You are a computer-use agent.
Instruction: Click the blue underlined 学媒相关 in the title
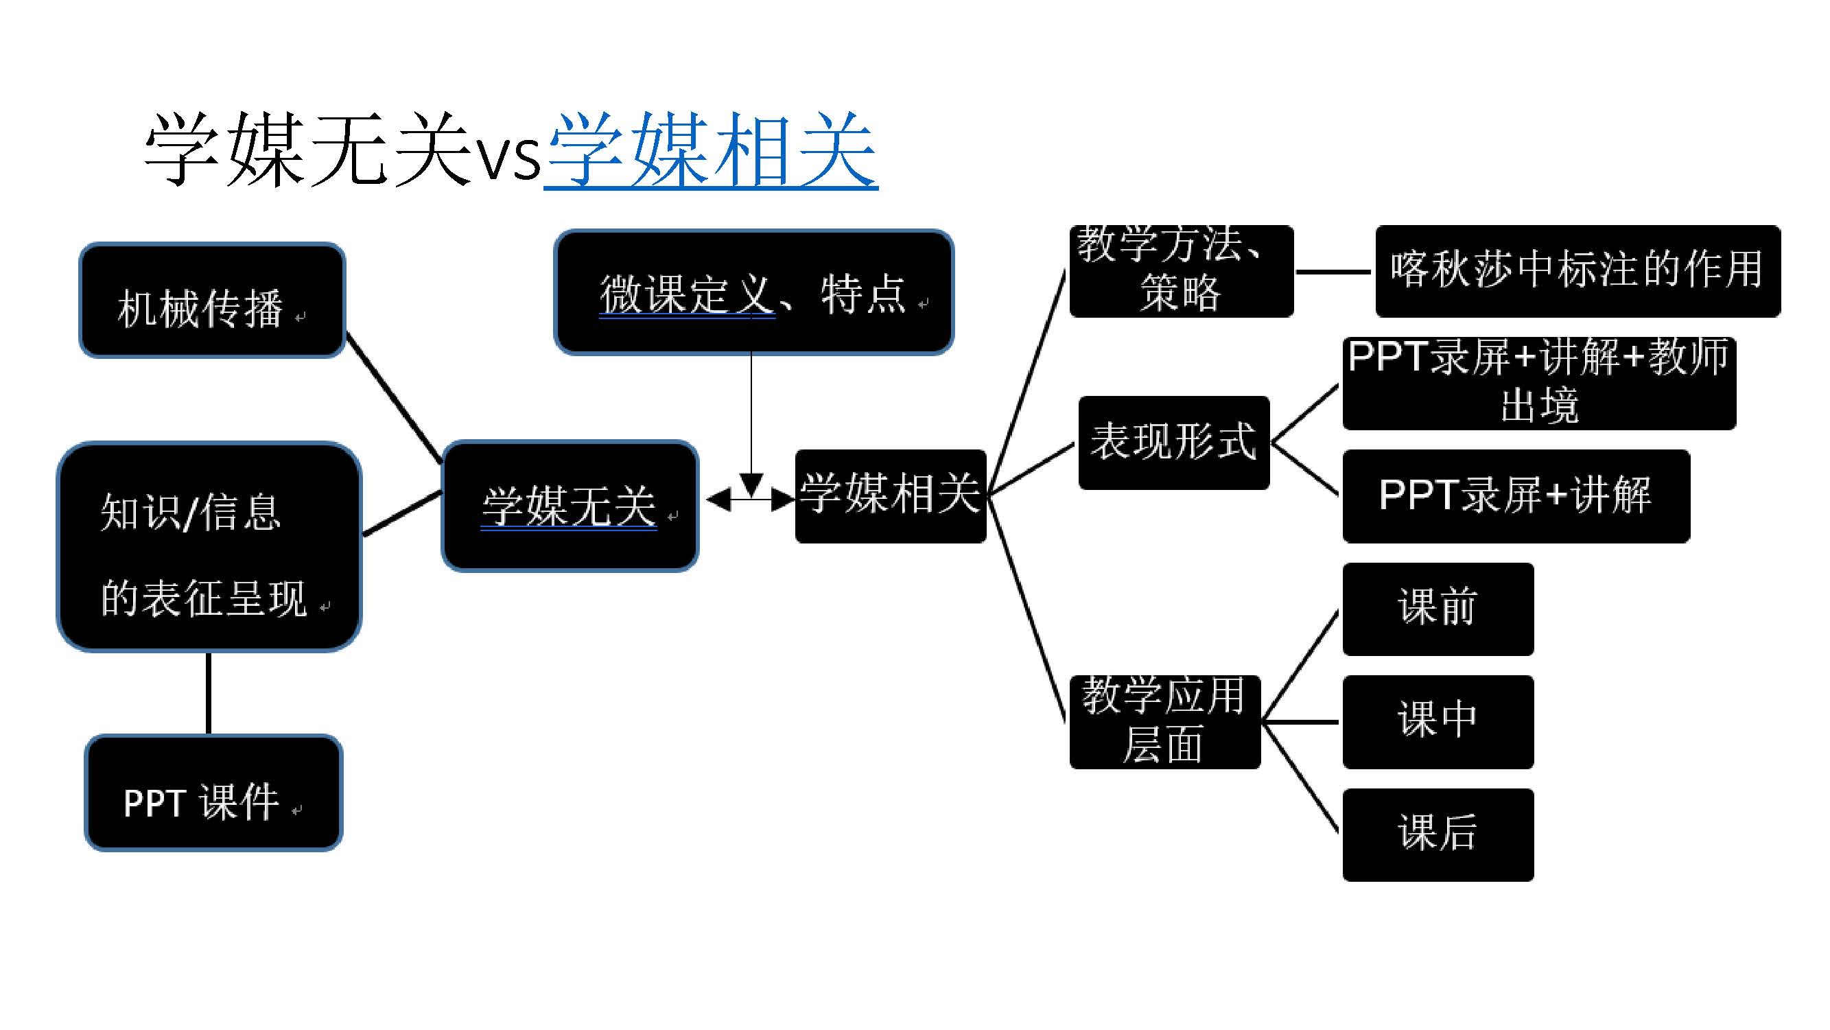(710, 150)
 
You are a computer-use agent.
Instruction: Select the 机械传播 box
(212, 301)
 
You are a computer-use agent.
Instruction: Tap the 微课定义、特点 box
(753, 292)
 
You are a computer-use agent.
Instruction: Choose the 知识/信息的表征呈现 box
(209, 547)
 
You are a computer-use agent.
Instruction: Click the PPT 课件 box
(213, 793)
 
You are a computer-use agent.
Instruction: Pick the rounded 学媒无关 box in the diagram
(570, 506)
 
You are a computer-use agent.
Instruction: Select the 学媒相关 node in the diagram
(890, 496)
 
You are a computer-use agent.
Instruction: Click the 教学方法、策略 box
(1181, 270)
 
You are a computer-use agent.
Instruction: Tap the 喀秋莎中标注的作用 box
(1577, 270)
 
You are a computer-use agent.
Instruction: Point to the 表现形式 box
(1173, 443)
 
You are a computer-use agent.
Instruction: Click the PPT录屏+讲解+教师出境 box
(1539, 384)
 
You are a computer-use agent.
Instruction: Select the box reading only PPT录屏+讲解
(1515, 496)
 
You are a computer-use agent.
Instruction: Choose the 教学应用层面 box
(1164, 722)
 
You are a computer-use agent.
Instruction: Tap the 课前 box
(1438, 609)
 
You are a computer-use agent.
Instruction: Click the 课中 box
(1438, 722)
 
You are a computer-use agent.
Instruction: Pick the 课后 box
(1438, 834)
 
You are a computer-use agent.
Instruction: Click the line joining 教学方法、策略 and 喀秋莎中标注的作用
(1333, 271)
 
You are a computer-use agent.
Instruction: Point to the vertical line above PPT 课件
(208, 693)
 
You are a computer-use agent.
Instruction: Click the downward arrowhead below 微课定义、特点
(751, 484)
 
